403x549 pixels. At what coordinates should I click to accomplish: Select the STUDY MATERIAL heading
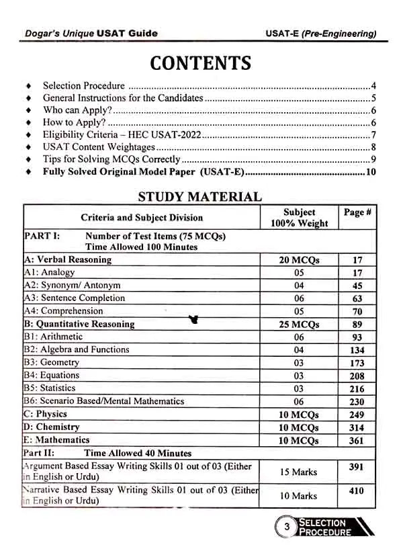click(199, 196)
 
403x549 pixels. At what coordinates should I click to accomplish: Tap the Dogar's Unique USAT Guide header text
click(87, 33)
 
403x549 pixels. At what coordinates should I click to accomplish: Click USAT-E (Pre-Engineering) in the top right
click(321, 33)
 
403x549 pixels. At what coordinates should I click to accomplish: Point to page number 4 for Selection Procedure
click(373, 86)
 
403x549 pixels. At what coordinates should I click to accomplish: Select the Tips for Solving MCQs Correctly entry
click(111, 159)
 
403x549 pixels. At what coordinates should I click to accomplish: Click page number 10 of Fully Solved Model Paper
click(371, 172)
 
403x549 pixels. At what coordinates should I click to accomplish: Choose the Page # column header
click(357, 212)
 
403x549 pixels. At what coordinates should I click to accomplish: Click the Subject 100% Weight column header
click(299, 218)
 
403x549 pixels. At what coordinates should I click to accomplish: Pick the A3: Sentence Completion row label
click(75, 298)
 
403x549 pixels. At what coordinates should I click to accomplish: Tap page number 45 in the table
click(357, 286)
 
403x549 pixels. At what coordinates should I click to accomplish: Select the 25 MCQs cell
click(299, 325)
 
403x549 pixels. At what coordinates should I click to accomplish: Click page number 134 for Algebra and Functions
click(357, 350)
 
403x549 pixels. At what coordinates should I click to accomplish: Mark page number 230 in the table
click(357, 402)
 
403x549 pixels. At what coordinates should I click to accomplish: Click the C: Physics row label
click(46, 414)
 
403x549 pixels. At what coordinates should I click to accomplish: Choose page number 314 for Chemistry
click(357, 428)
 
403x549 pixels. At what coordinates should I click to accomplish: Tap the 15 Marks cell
click(299, 472)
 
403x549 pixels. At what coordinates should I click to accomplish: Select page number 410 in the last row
click(357, 491)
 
